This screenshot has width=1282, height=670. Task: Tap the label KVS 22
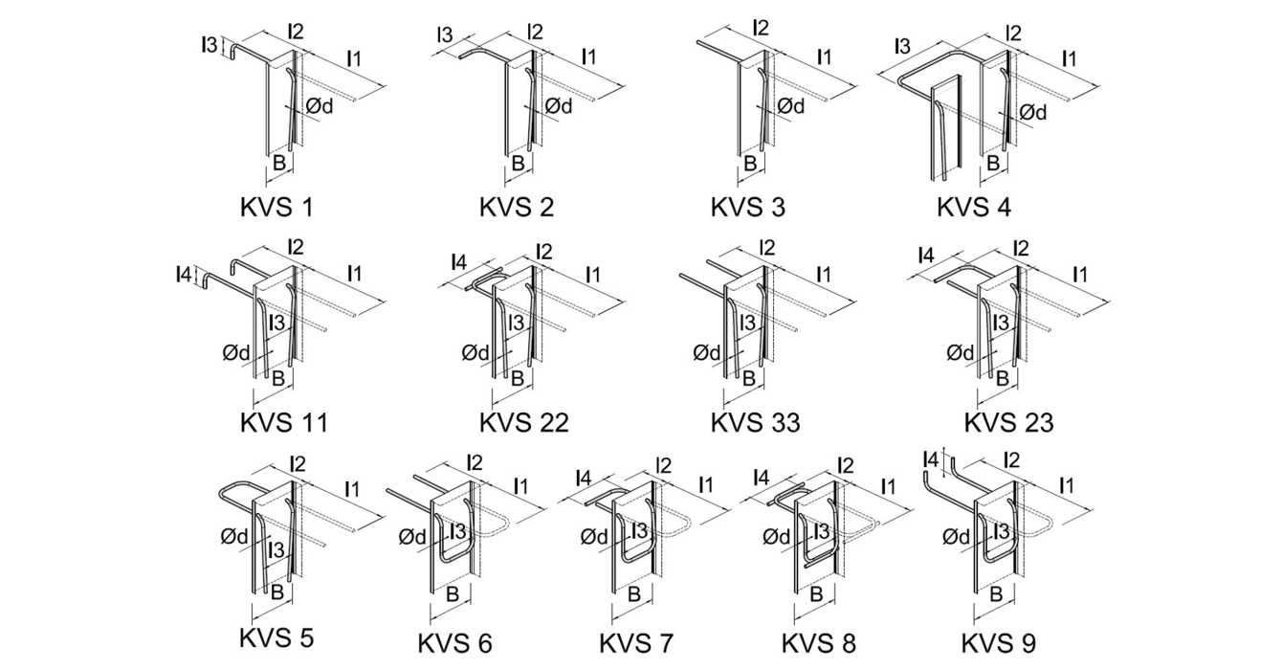pyautogui.click(x=524, y=422)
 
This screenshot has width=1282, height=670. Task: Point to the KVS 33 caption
pyautogui.click(x=755, y=422)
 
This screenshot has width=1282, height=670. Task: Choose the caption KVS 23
pyautogui.click(x=1008, y=422)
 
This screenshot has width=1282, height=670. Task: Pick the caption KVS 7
pyautogui.click(x=636, y=642)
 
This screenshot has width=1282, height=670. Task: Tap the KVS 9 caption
pyautogui.click(x=998, y=642)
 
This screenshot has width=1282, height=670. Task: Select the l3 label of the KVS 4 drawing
pyautogui.click(x=902, y=45)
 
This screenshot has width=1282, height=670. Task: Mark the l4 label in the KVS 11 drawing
pyautogui.click(x=184, y=277)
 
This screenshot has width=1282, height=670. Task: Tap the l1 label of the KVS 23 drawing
pyautogui.click(x=1079, y=275)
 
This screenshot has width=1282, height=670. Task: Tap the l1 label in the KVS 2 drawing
pyautogui.click(x=589, y=57)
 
